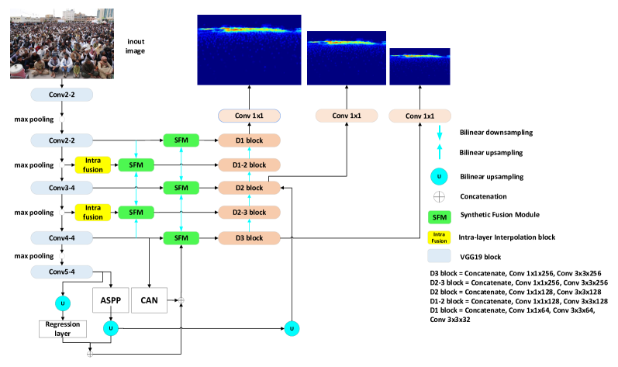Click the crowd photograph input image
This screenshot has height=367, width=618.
pos(61,43)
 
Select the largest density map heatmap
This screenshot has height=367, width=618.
pos(249,50)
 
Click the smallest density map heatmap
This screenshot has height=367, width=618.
pos(419,66)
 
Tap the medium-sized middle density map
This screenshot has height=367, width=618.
pos(346,57)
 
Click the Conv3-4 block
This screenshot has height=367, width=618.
pos(61,188)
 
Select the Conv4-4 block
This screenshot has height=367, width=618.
pos(61,237)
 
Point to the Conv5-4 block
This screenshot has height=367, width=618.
pos(61,272)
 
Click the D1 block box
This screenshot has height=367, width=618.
pos(249,140)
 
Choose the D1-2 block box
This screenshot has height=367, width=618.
pos(249,164)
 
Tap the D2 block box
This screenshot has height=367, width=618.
pos(249,188)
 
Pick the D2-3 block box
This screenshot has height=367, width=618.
pos(249,212)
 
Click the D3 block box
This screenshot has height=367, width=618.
pos(249,237)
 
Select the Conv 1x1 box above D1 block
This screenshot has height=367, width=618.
pos(249,116)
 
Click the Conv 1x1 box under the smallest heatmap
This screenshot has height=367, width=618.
pos(419,116)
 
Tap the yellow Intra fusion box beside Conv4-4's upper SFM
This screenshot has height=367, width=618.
pos(93,213)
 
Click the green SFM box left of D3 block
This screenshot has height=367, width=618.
pos(181,238)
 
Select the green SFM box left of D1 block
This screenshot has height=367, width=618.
pos(181,140)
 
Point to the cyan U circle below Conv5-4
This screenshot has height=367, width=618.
pos(63,303)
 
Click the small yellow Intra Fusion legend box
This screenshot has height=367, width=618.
pos(439,237)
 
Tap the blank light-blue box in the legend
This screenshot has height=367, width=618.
pos(439,255)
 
